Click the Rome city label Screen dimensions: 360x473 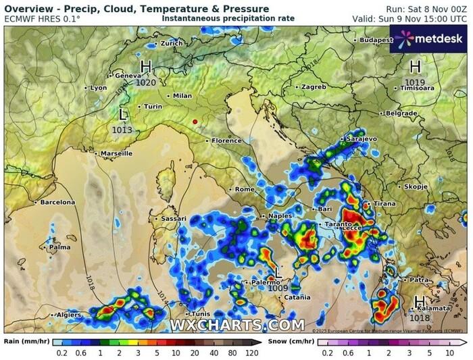point(244,189)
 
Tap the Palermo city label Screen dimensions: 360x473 point(265,282)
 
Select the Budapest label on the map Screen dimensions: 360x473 point(376,40)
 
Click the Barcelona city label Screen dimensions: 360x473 point(57,202)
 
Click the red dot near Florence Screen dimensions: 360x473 point(195,122)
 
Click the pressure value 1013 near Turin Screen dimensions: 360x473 point(122,129)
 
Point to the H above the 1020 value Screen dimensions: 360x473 point(146,66)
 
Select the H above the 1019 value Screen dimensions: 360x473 point(416,66)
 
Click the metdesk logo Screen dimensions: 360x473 point(428,39)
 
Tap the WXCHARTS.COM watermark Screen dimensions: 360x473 point(236,326)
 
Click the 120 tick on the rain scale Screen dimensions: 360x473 point(251,352)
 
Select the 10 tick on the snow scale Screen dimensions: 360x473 point(449,352)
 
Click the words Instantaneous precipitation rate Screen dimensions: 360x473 point(228,18)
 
